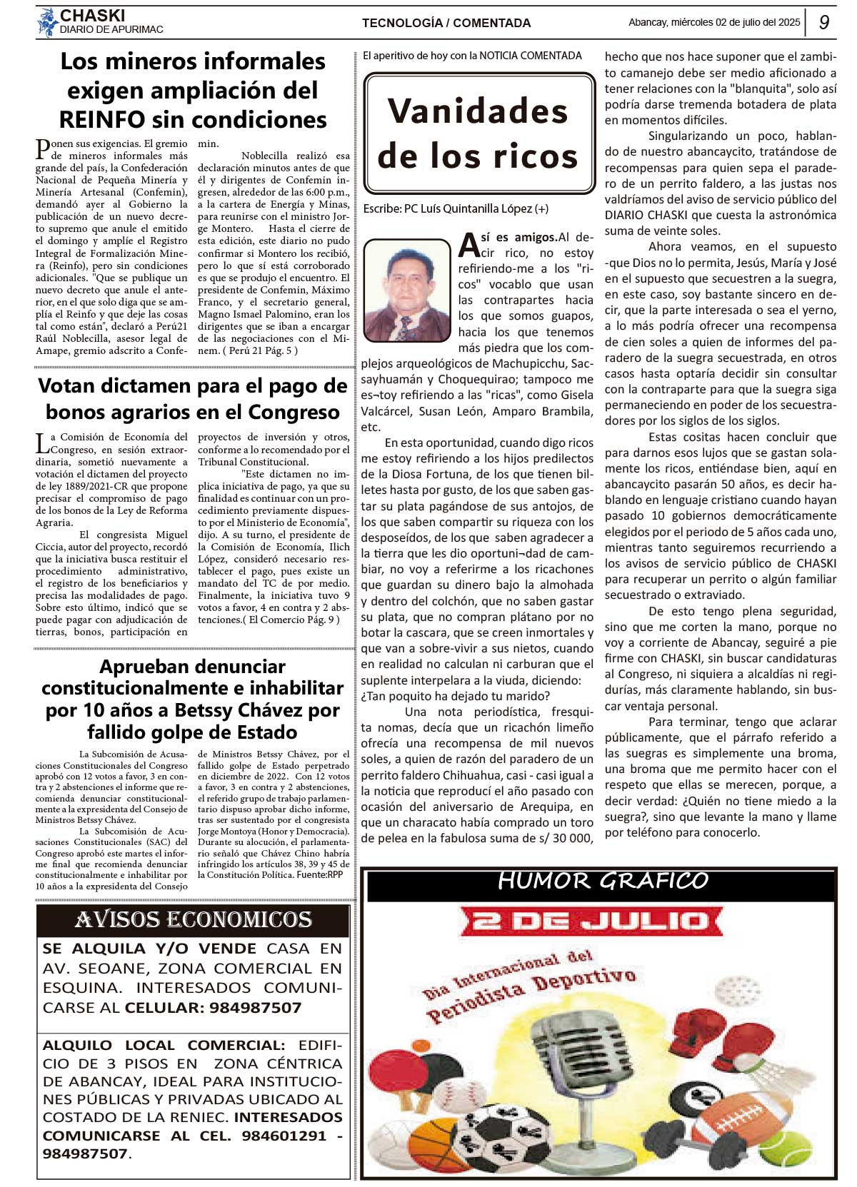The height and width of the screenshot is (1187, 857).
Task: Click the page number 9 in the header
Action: [824, 22]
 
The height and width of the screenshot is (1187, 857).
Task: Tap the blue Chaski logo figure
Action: [48, 22]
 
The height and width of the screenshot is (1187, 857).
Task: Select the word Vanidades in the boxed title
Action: [478, 111]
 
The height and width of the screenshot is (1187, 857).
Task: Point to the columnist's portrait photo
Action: [407, 290]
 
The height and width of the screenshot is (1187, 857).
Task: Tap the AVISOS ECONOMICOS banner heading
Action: [194, 920]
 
